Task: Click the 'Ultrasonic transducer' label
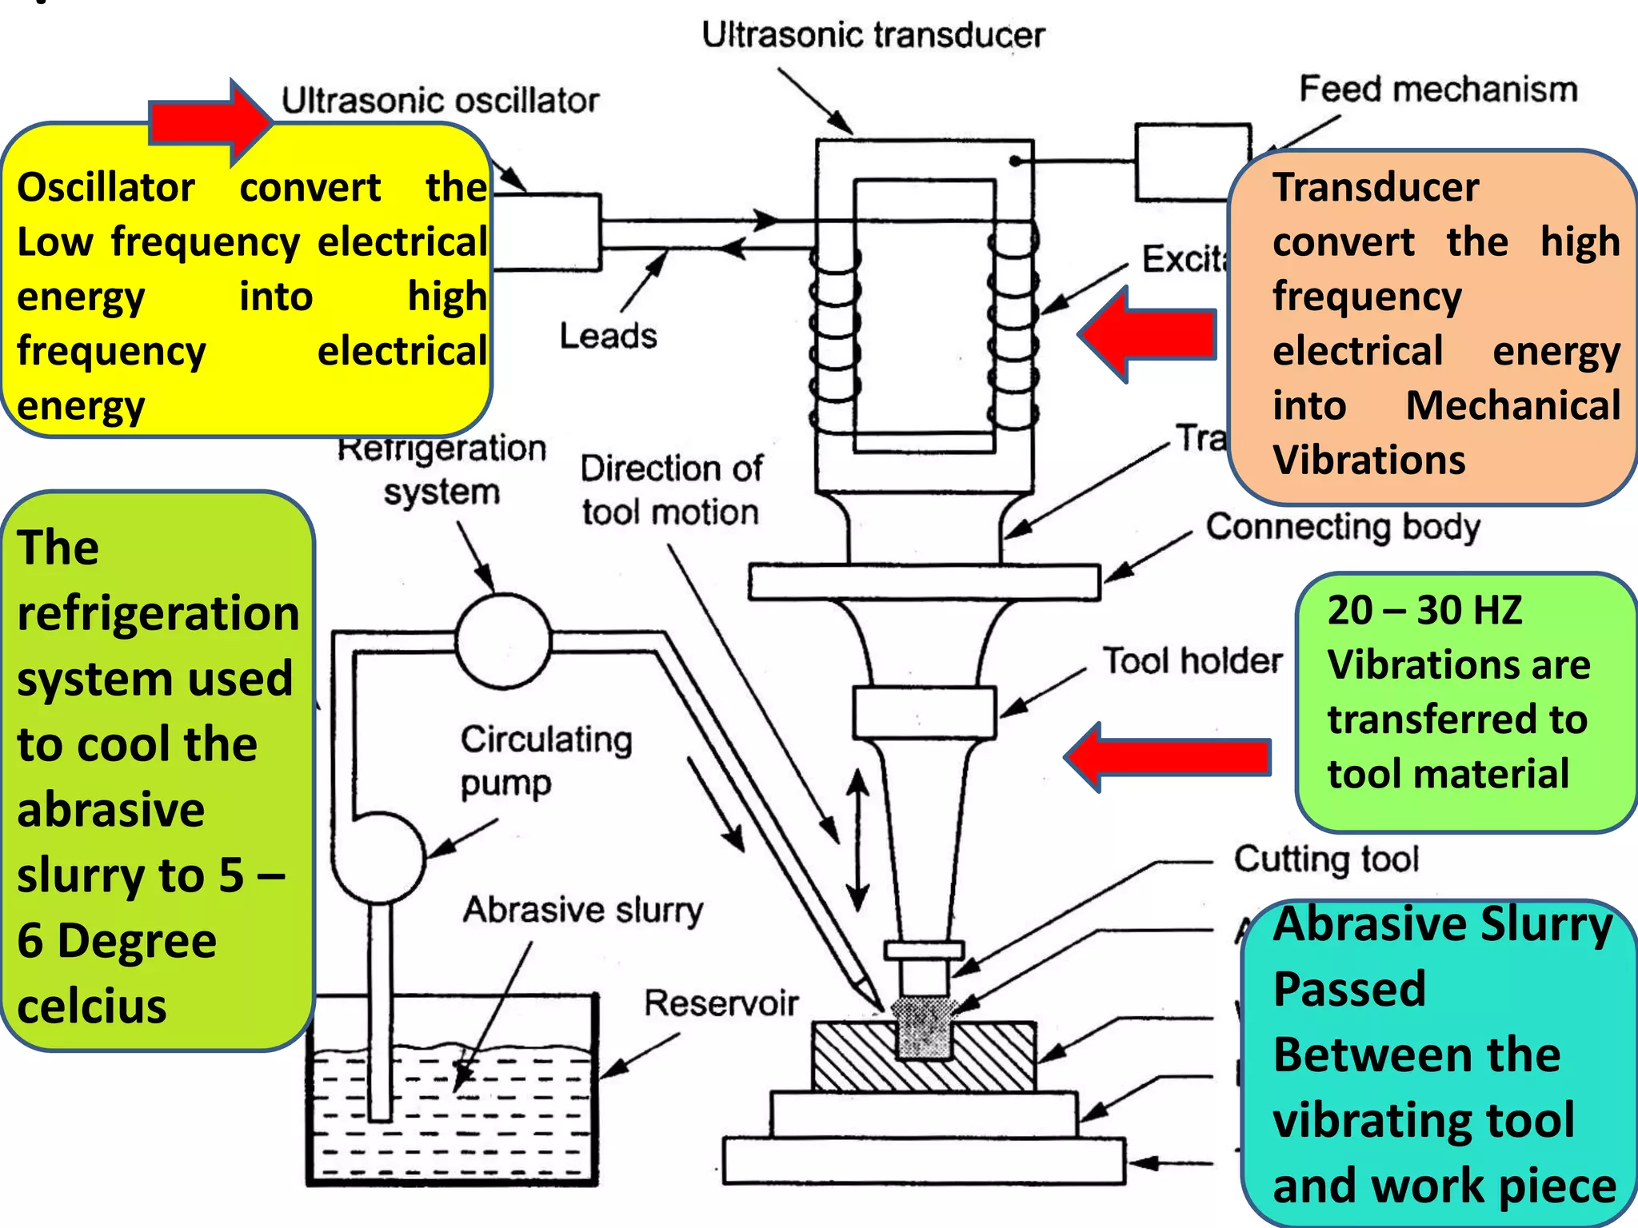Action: [873, 35]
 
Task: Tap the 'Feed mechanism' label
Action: [1437, 89]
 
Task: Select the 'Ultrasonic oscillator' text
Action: [440, 101]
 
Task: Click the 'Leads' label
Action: [608, 336]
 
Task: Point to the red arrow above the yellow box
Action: [210, 122]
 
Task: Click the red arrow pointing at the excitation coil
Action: [1149, 334]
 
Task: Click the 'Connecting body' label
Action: [1343, 527]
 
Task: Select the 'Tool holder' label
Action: [1193, 661]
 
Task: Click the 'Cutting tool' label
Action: [1326, 859]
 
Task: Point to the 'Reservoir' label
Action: [721, 1003]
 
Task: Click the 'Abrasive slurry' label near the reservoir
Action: [583, 910]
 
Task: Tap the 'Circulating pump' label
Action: [545, 760]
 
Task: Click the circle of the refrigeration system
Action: [503, 640]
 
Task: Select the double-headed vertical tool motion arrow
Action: [857, 839]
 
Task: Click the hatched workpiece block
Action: [848, 1055]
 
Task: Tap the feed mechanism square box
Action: [1192, 161]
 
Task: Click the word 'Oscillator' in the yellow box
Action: [106, 187]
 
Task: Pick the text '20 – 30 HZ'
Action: [1424, 610]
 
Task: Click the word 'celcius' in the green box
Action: [92, 1006]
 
